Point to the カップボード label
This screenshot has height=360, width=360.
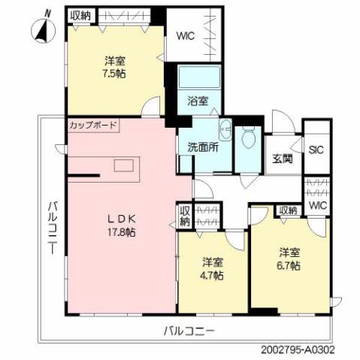point(92,125)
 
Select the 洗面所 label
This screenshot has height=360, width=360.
point(202,147)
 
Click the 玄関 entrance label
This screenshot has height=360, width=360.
point(283,159)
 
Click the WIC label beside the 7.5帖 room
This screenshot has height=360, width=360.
point(187,35)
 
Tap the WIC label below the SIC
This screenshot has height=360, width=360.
point(318,205)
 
